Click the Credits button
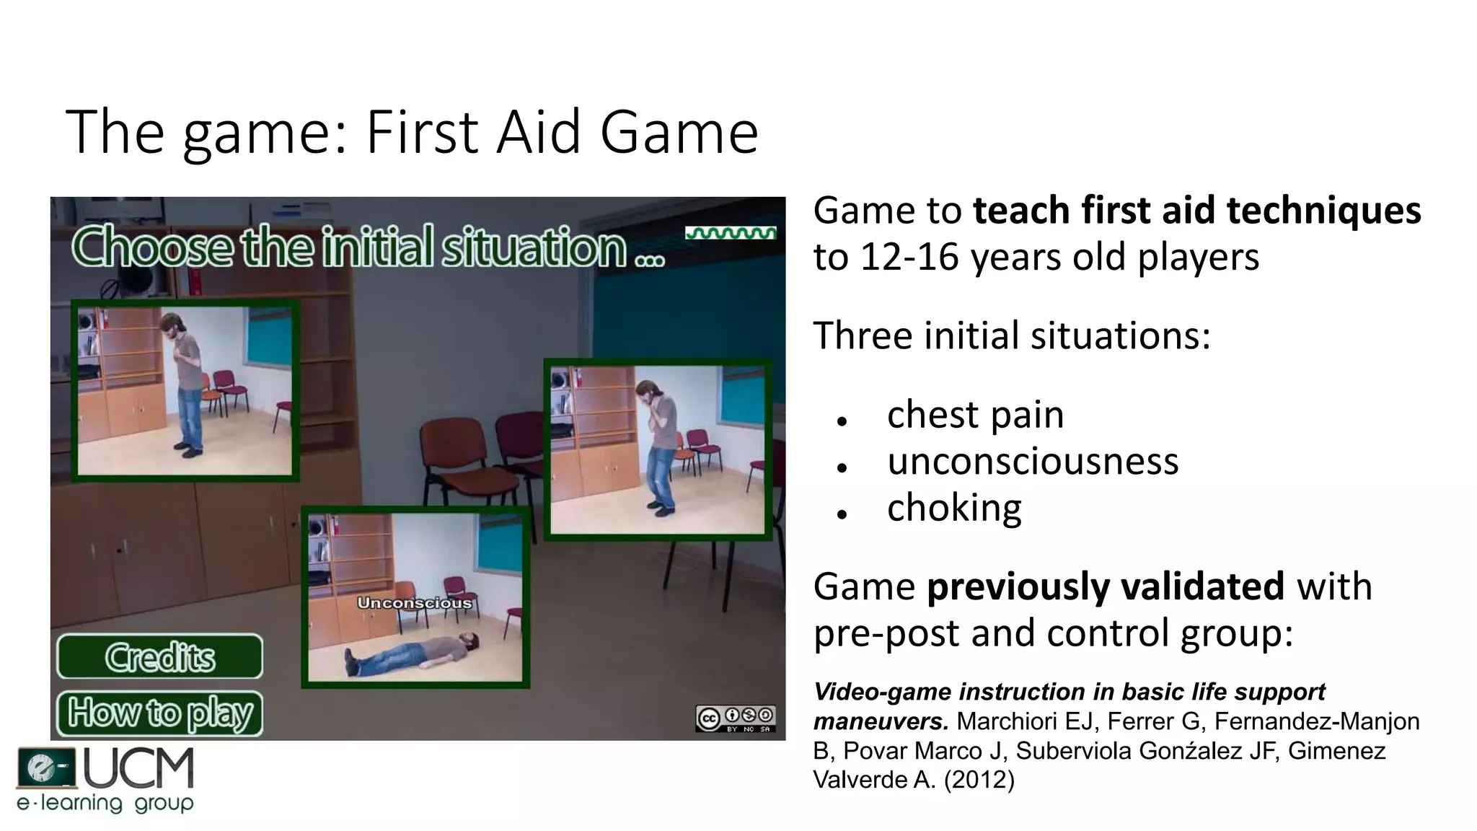159,656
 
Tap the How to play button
159,713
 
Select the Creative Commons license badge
735,718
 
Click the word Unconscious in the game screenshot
415,602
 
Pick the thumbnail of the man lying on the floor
415,597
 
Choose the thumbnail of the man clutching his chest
185,390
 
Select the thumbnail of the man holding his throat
657,449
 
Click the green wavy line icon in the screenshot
731,233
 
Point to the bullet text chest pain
975,415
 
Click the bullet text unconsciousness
1032,462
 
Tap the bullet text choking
954,508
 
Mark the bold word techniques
1323,211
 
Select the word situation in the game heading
534,247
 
